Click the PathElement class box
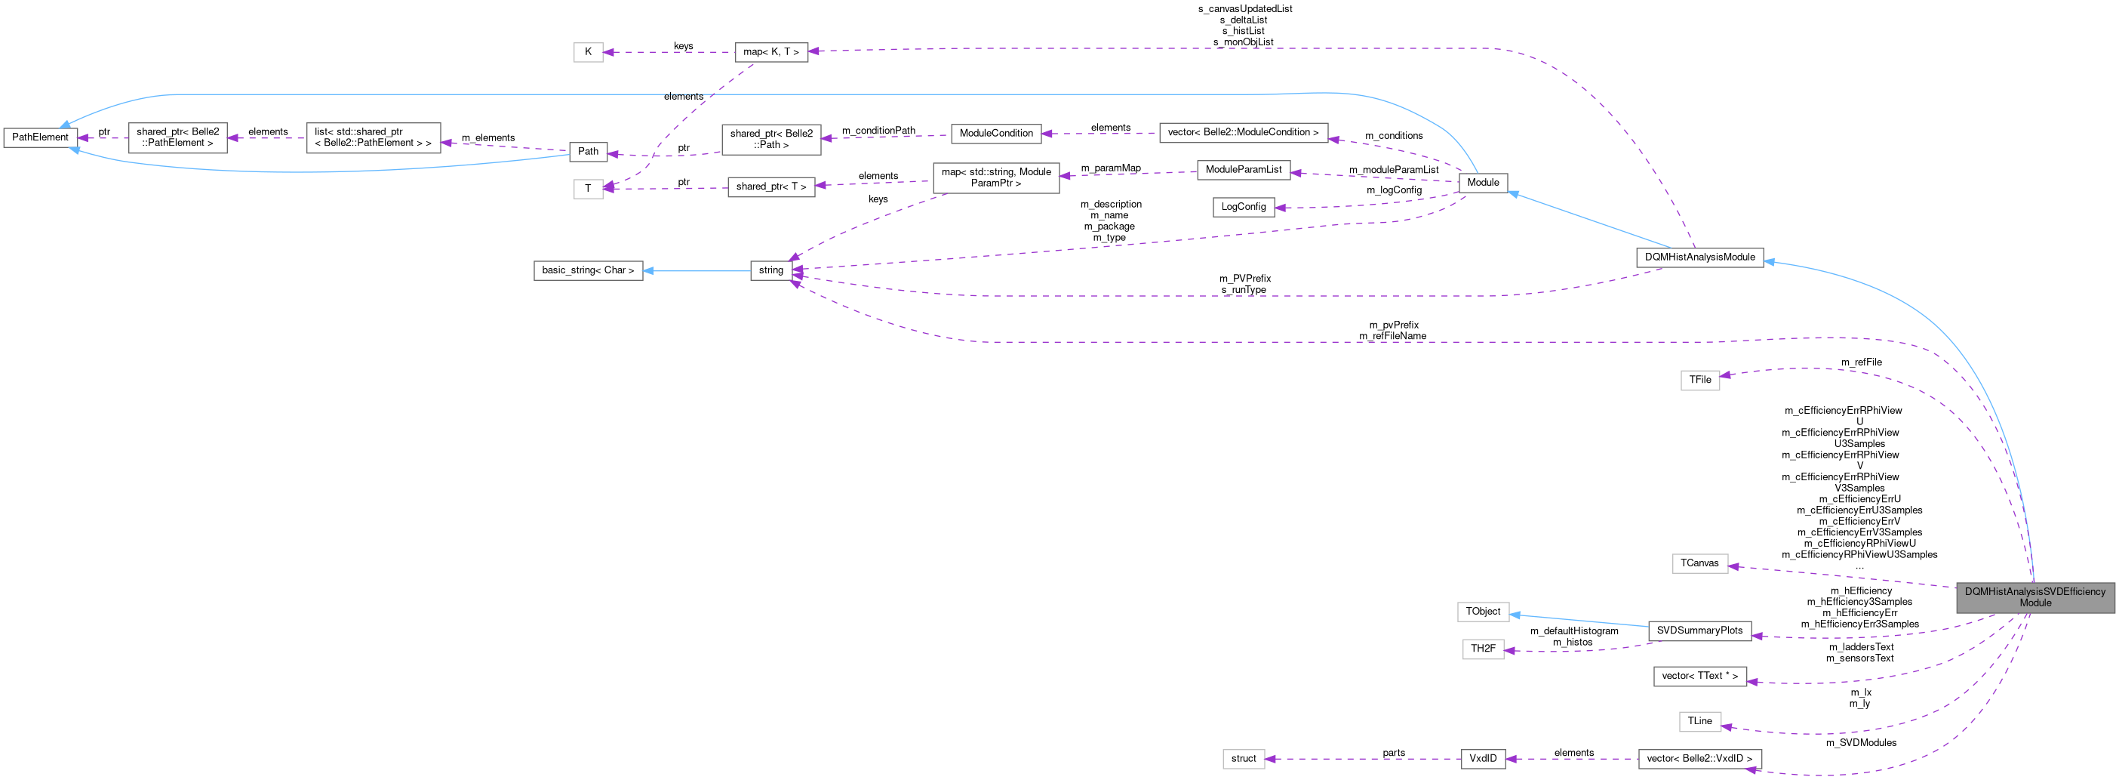tap(40, 137)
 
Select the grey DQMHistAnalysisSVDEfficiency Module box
tap(2034, 597)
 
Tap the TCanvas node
tap(1699, 563)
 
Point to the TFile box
tap(1699, 380)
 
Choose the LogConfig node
tap(1243, 207)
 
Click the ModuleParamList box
tap(1243, 169)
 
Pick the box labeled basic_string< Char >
tap(587, 270)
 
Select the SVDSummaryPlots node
tap(1699, 631)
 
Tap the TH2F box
tap(1482, 649)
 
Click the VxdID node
tap(1482, 759)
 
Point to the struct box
tap(1243, 759)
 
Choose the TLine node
tap(1699, 722)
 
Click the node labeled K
tap(587, 52)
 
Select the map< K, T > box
tap(770, 52)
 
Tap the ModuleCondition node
tap(995, 134)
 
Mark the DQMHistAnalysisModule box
tap(1699, 257)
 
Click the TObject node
tap(1482, 612)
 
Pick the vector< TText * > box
tap(1699, 677)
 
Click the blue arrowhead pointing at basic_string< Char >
tap(648, 270)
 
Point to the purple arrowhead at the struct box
tap(1271, 759)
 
